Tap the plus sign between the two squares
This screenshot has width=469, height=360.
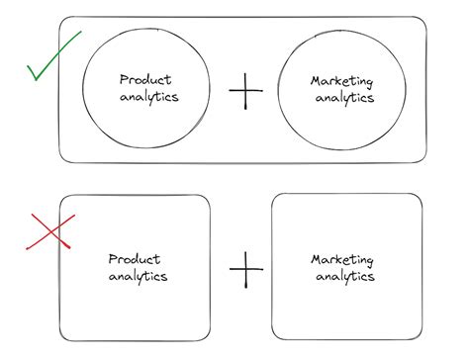[245, 268]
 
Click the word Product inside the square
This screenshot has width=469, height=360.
[136, 258]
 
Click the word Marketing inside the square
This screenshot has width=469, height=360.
[342, 259]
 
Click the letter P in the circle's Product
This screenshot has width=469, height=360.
[122, 80]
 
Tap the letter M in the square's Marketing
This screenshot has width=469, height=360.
[316, 259]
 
